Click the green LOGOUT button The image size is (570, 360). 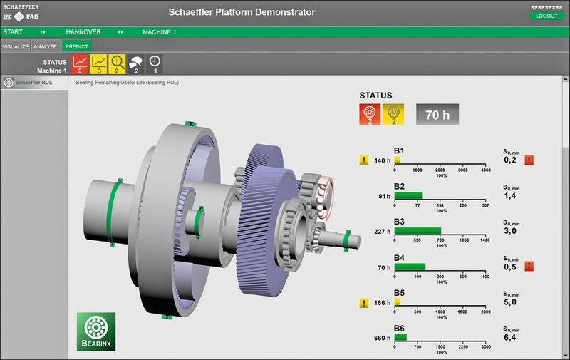546,16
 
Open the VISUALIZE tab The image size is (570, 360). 15,46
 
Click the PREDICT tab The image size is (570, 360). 76,46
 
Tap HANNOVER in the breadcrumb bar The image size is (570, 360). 83,32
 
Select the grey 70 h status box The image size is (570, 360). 437,114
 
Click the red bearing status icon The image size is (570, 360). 369,114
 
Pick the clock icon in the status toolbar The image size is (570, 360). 155,63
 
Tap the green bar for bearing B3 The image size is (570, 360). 418,231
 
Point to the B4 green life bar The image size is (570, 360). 410,267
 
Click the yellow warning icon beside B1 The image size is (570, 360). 364,160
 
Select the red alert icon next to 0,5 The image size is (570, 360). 529,267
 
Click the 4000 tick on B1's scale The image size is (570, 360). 485,170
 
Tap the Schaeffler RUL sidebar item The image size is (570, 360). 33,83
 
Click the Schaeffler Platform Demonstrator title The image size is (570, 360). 242,12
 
